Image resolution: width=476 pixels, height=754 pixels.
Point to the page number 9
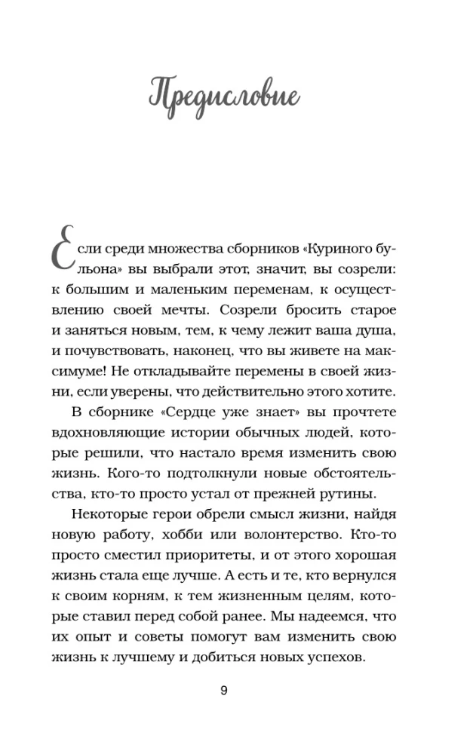pos(223,692)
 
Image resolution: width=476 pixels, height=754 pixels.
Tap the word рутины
pos(349,494)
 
